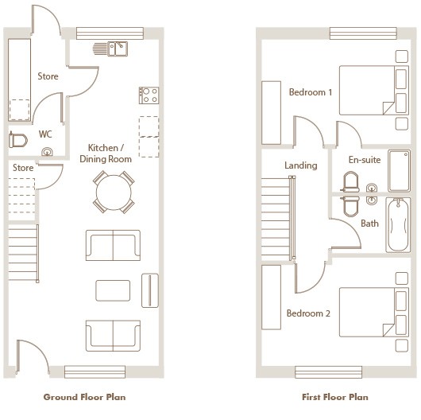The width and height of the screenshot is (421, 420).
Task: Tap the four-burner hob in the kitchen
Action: click(x=149, y=95)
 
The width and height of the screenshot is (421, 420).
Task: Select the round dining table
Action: click(x=114, y=192)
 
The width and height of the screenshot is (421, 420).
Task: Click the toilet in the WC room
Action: click(x=18, y=140)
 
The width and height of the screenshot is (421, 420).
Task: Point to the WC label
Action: click(x=45, y=134)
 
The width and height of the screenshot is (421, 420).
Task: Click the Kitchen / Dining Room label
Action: click(x=106, y=154)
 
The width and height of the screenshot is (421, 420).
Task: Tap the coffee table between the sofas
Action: click(x=113, y=290)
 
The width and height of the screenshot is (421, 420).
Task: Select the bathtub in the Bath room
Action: click(x=398, y=225)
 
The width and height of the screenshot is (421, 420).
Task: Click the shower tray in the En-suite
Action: click(x=400, y=170)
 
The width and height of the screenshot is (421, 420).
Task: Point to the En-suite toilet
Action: click(x=351, y=182)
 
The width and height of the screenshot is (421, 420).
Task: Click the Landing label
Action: click(x=301, y=165)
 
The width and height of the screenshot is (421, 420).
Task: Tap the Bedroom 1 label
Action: click(x=311, y=92)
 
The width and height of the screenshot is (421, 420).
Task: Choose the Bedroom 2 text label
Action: click(x=308, y=313)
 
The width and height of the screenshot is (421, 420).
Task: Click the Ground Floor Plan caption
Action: click(x=84, y=397)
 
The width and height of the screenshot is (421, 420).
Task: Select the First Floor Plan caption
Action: click(x=334, y=397)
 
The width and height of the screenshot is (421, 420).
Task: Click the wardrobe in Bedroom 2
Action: click(x=271, y=297)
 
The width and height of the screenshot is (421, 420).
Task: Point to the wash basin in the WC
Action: click(x=47, y=152)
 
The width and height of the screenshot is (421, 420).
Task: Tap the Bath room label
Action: click(x=369, y=224)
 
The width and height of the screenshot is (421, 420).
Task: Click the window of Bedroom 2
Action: click(x=328, y=371)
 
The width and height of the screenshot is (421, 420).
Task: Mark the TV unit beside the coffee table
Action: click(x=150, y=290)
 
